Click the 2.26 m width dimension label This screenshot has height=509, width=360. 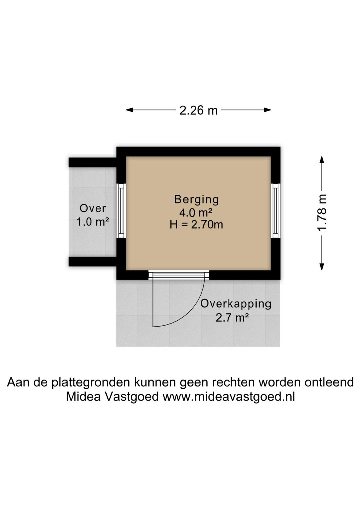click(198, 110)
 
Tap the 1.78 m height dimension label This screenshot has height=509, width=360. click(322, 213)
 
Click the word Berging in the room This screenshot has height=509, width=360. click(196, 199)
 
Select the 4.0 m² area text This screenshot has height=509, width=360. click(196, 212)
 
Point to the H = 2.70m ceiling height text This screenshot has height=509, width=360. click(196, 224)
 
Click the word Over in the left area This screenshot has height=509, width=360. click(93, 208)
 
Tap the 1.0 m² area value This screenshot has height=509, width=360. click(93, 221)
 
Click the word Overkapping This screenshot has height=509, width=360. click(236, 304)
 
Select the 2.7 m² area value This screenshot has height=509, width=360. click(232, 318)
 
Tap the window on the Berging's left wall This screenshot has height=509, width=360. click(121, 211)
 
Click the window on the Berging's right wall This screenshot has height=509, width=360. click(275, 211)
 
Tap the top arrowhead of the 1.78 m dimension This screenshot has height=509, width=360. click(322, 159)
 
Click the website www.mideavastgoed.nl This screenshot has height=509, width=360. click(228, 397)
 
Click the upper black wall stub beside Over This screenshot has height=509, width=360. click(92, 162)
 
